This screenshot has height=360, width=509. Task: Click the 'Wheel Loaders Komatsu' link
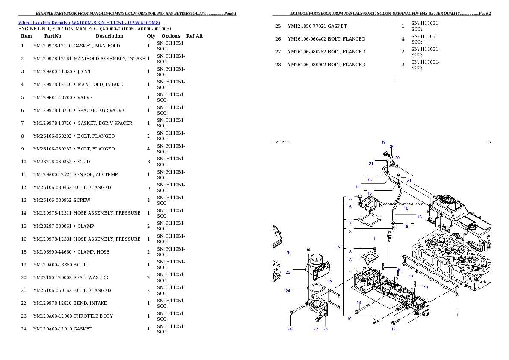click(44, 23)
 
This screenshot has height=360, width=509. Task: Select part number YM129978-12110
click(52, 46)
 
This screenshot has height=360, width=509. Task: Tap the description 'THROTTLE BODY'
click(93, 316)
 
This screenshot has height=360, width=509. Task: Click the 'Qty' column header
click(151, 36)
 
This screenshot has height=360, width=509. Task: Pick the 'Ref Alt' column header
click(195, 36)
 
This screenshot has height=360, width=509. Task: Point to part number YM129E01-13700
click(53, 97)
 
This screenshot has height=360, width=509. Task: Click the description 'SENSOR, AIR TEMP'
click(95, 174)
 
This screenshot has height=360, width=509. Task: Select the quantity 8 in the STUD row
click(149, 162)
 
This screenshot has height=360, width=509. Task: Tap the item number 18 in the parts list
click(24, 252)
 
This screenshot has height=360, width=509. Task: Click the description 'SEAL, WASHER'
click(91, 277)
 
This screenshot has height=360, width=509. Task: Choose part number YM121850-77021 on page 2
click(307, 26)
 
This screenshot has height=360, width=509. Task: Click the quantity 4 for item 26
click(403, 39)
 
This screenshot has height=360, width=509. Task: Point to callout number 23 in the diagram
click(288, 272)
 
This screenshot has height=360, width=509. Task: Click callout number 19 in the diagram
click(383, 142)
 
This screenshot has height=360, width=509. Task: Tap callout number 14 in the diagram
click(358, 187)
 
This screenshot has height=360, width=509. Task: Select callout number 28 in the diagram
click(290, 329)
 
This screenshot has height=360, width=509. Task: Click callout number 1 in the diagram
click(457, 315)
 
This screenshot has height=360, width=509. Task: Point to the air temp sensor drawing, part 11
click(390, 236)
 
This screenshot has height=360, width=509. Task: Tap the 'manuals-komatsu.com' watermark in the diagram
click(402, 204)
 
